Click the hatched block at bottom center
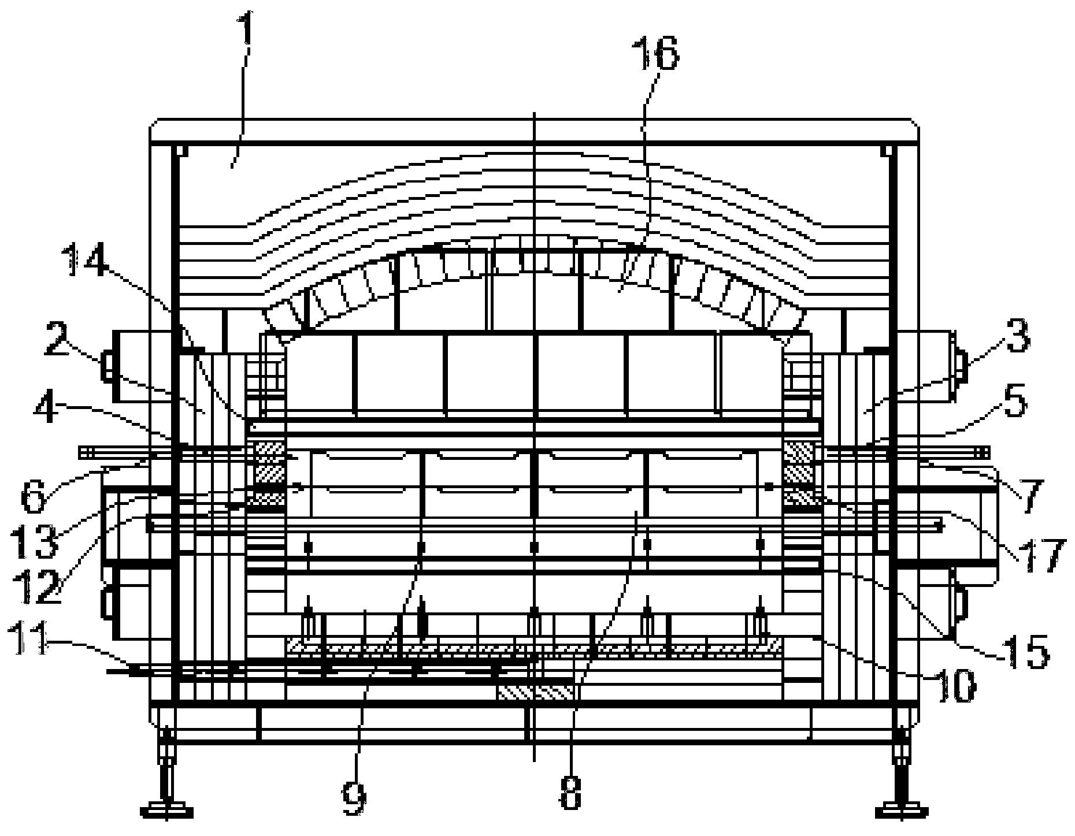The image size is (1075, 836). click(x=536, y=692)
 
